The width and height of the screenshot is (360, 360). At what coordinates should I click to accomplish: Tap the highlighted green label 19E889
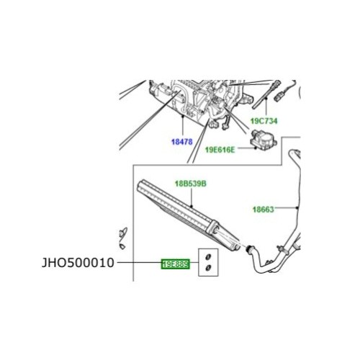click(x=175, y=264)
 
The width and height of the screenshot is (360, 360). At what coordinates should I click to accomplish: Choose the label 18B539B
click(x=191, y=184)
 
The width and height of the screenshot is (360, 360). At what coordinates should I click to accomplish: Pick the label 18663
click(x=264, y=210)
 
